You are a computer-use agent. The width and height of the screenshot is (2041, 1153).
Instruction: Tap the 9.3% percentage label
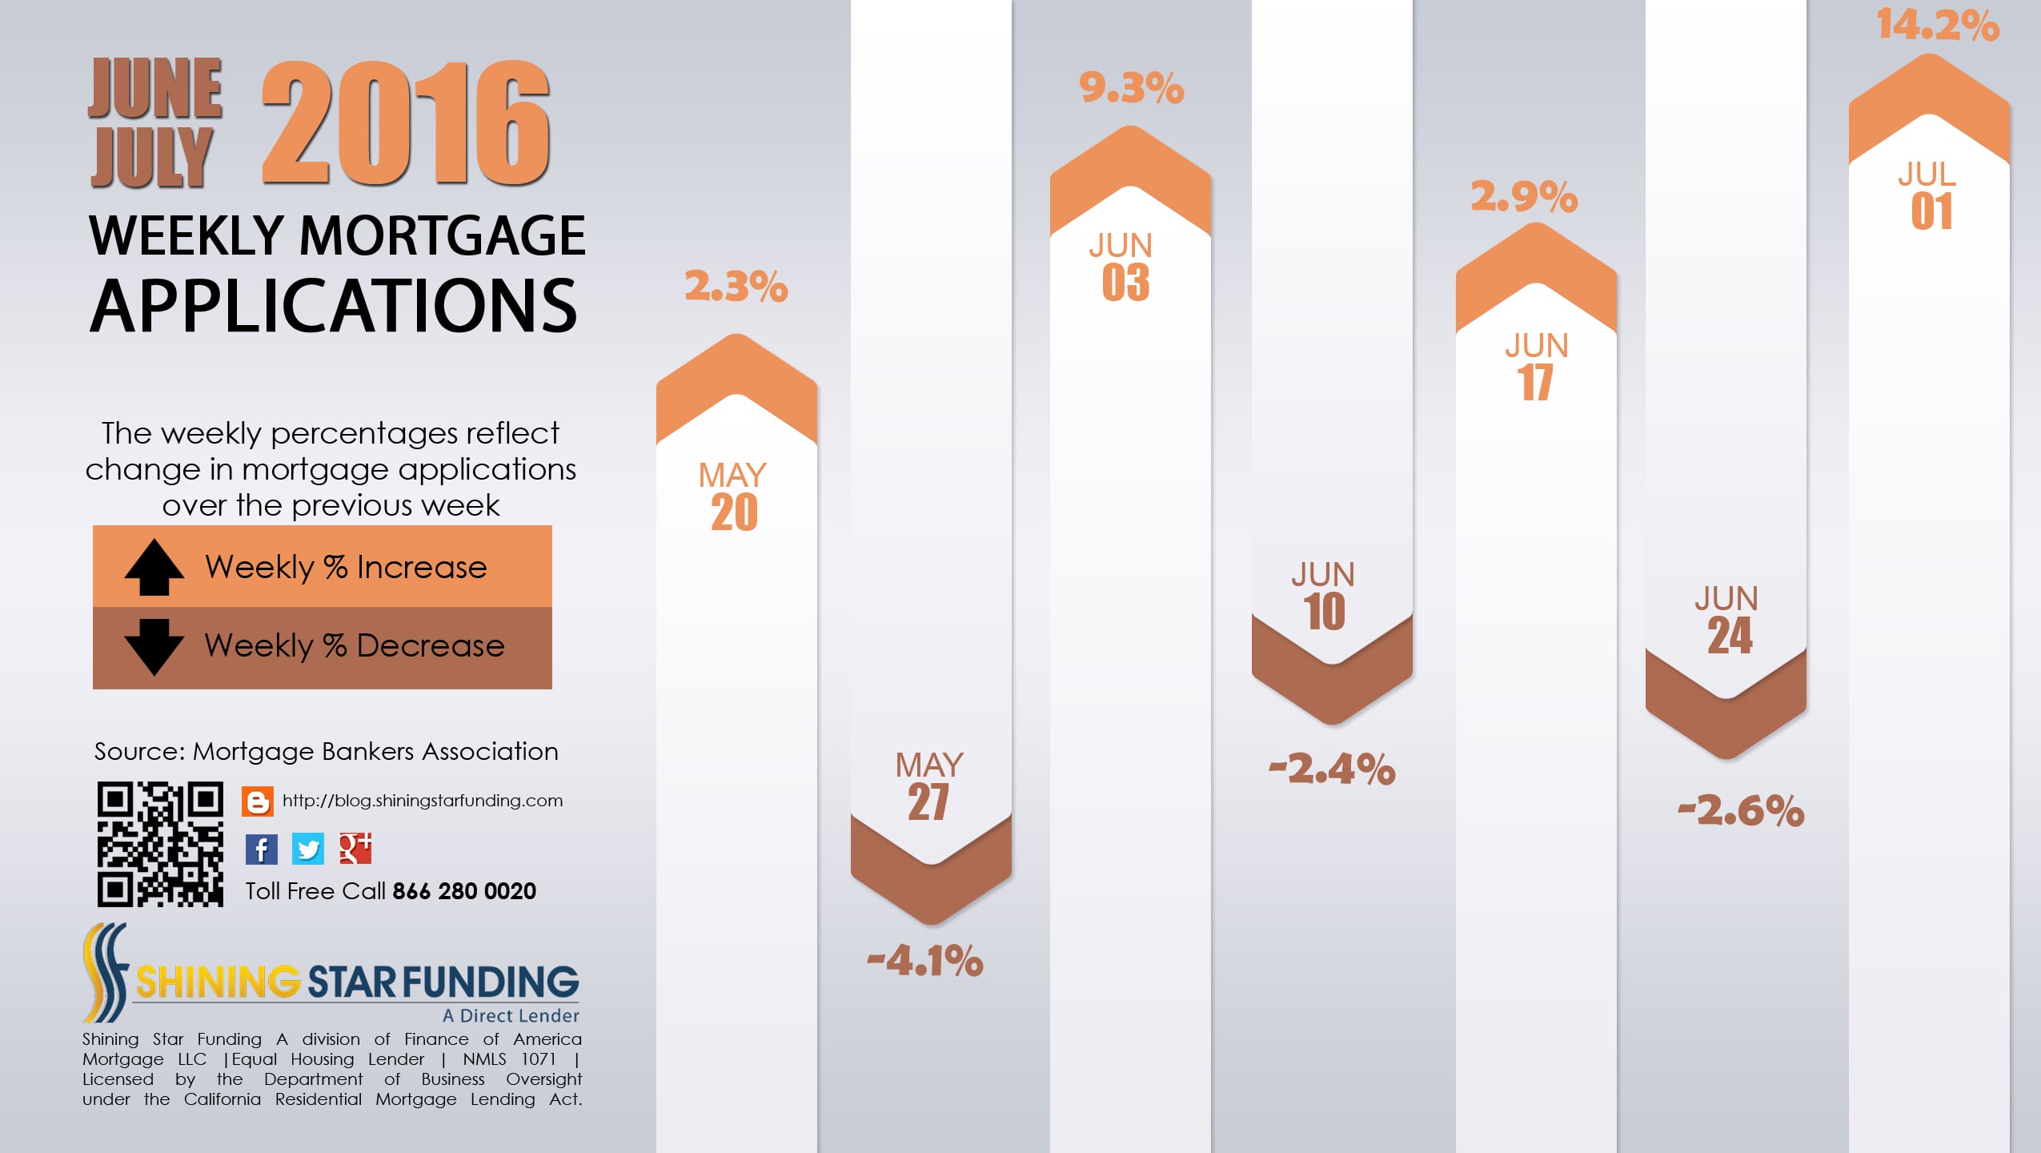[1131, 87]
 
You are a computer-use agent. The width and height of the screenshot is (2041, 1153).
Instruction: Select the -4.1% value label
[925, 960]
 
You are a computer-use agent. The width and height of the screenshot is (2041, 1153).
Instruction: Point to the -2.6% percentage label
[1742, 810]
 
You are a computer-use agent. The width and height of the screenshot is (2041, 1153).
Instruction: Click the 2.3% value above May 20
[736, 286]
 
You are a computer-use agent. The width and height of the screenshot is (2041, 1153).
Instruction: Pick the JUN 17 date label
[1536, 367]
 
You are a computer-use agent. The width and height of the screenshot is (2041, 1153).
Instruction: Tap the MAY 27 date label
[929, 786]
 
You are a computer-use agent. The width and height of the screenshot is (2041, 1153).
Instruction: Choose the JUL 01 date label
[1929, 196]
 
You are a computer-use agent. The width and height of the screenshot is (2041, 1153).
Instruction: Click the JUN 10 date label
[1324, 596]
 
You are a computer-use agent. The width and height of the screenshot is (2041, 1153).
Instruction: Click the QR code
[160, 844]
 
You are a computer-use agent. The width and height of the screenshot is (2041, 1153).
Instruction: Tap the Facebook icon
[262, 849]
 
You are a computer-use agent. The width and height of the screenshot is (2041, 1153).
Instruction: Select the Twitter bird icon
[308, 849]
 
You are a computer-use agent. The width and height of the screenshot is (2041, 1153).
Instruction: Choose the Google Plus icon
[355, 849]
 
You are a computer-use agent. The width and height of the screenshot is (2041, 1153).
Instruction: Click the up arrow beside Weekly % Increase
[154, 567]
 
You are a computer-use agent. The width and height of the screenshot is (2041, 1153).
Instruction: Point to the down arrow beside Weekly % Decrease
[154, 646]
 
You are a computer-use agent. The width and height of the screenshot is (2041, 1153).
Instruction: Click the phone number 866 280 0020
[464, 891]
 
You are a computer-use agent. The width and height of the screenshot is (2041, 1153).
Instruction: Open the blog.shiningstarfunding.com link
[423, 801]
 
